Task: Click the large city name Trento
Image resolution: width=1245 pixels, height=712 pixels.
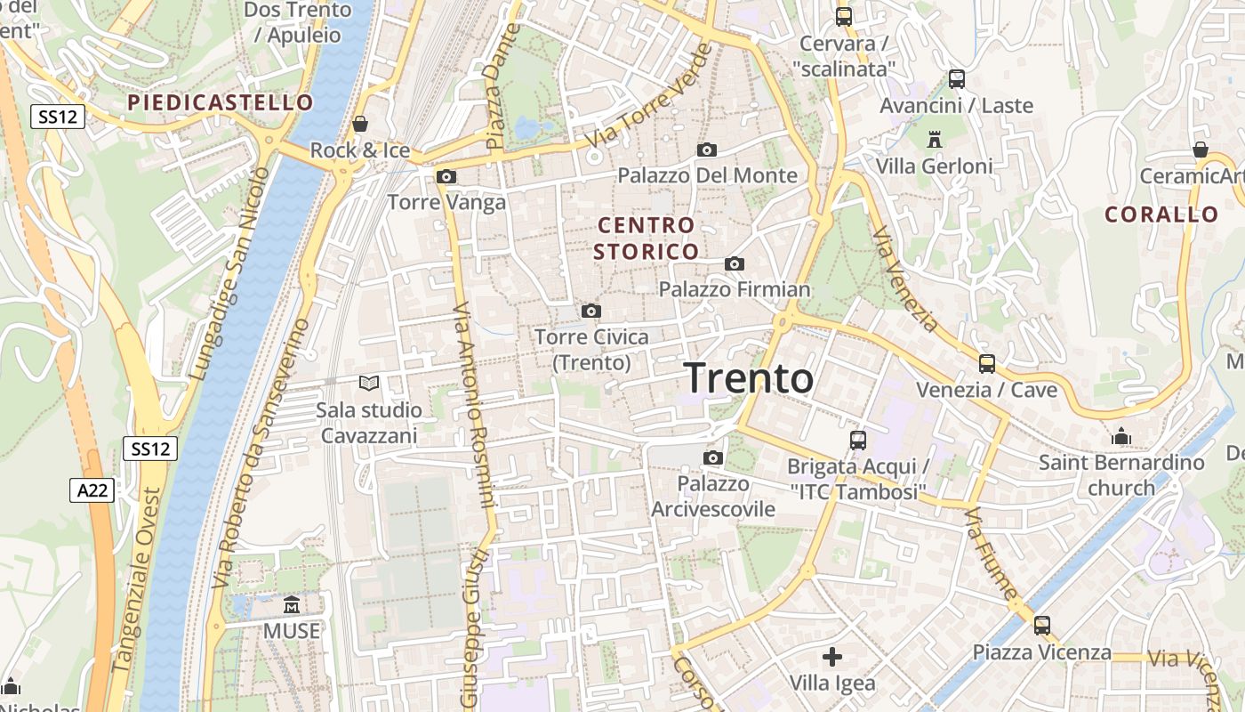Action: [x=748, y=378]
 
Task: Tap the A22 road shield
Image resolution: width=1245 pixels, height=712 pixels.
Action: [x=92, y=489]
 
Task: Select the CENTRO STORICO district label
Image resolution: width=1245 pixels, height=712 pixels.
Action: [x=646, y=239]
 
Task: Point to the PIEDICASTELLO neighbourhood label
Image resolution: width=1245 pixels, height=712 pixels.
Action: [x=221, y=102]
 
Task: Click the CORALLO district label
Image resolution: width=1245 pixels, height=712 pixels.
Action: [x=1161, y=214]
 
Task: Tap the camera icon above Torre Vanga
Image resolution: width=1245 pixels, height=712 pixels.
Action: [x=446, y=177]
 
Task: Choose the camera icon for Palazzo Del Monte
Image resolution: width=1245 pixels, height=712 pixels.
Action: [x=707, y=150]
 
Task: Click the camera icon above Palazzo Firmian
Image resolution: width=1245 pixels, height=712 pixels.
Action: [x=735, y=263]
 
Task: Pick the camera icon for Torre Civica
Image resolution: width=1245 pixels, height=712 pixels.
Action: [x=591, y=311]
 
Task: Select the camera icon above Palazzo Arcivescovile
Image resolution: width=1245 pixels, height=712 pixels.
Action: [x=712, y=458]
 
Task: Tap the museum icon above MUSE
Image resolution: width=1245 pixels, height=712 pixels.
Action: [x=291, y=605]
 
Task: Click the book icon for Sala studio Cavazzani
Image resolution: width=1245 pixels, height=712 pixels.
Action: [x=369, y=383]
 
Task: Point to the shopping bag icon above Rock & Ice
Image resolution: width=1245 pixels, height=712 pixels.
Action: [x=360, y=124]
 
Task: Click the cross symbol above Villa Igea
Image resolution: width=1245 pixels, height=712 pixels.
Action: [x=832, y=657]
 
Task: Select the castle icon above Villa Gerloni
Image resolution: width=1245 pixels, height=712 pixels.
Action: [x=934, y=140]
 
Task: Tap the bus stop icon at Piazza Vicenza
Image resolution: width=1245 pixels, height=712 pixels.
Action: [x=1042, y=626]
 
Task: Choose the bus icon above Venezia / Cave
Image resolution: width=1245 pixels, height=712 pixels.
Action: [x=987, y=363]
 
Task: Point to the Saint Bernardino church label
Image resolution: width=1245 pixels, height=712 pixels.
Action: [x=1121, y=474]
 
